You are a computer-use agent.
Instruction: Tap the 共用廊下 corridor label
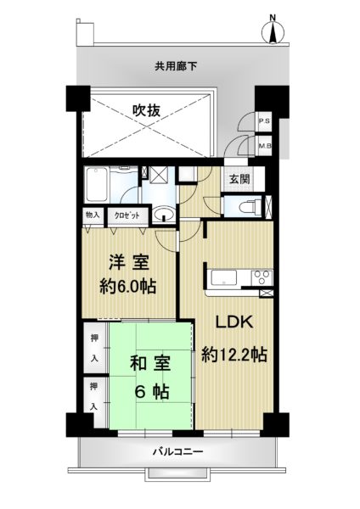(176, 66)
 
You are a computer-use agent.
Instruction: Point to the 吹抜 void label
(146, 110)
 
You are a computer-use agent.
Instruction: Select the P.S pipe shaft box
(264, 121)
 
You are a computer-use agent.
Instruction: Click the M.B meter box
(264, 146)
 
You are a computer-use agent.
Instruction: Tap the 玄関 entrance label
(239, 179)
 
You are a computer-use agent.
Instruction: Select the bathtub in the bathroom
(96, 184)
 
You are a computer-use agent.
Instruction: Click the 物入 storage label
(93, 215)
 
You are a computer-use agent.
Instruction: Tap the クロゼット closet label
(127, 215)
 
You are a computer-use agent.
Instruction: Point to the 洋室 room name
(129, 262)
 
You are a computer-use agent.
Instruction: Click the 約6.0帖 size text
(127, 287)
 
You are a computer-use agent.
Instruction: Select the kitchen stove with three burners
(262, 278)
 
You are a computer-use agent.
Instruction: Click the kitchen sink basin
(224, 278)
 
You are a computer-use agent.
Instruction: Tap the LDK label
(235, 322)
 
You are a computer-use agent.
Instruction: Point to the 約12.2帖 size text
(234, 354)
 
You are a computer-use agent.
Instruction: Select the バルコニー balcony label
(178, 451)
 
